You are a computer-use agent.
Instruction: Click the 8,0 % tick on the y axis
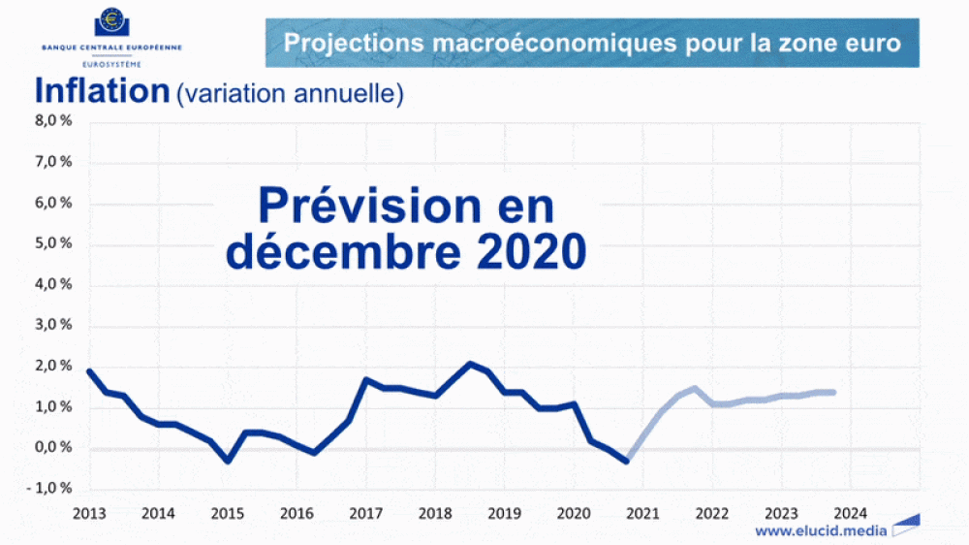(53, 121)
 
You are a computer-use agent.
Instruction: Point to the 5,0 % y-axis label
(53, 244)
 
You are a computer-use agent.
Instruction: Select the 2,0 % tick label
(53, 367)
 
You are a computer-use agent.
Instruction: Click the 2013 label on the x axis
(89, 513)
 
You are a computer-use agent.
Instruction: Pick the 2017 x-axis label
(365, 513)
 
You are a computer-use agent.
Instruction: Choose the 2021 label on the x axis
(641, 513)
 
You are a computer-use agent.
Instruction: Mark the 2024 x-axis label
(849, 513)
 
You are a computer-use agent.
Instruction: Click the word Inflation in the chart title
(102, 91)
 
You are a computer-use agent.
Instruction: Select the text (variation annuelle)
(289, 94)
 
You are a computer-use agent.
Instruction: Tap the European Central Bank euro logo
(111, 22)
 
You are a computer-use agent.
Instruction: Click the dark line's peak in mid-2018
(469, 364)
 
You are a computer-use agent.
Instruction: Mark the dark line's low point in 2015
(228, 461)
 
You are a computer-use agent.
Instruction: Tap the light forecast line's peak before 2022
(694, 388)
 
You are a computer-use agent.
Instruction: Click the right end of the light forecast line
(833, 392)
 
